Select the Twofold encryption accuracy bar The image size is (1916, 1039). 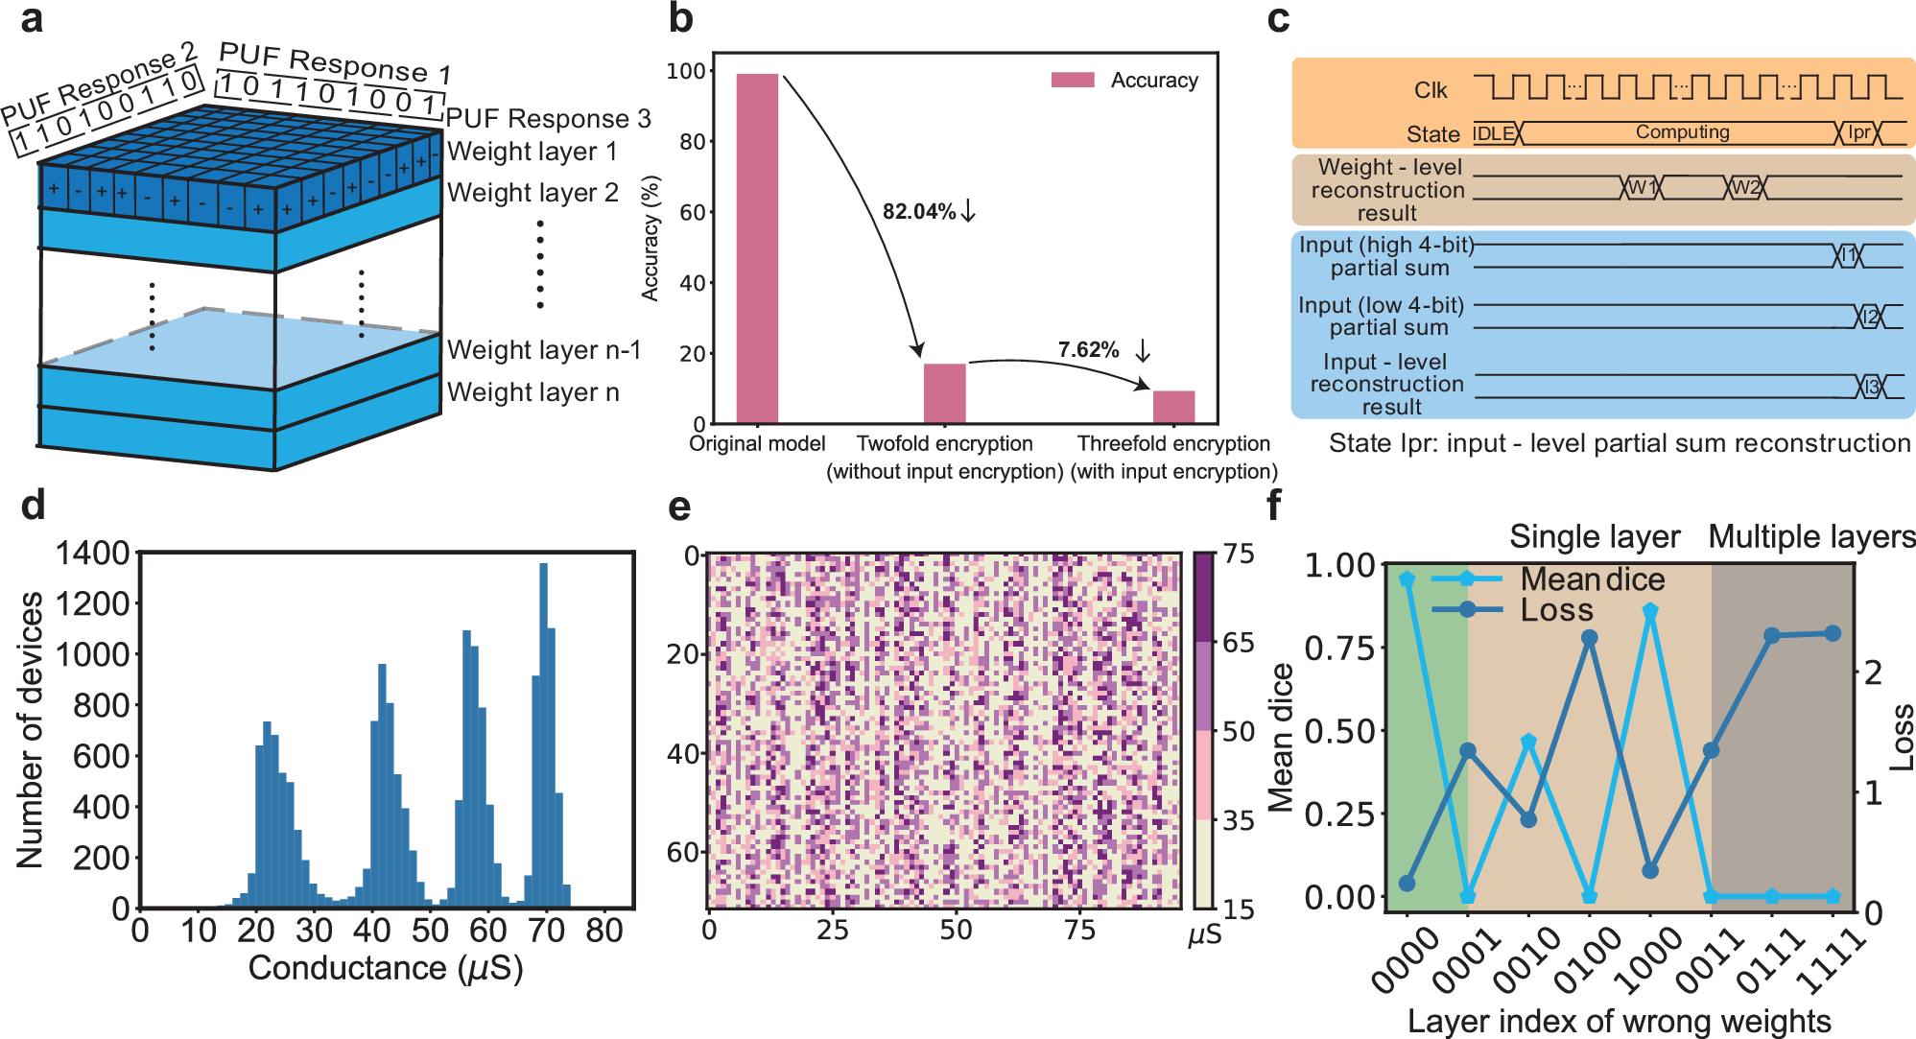(944, 393)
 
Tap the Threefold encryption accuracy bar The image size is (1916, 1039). (1173, 407)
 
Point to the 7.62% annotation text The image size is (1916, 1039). (1088, 350)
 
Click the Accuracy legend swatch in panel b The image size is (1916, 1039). (1073, 80)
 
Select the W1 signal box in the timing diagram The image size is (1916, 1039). (1642, 187)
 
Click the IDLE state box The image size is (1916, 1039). (1495, 133)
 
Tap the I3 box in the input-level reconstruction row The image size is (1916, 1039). (1871, 387)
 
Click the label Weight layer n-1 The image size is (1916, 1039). (544, 350)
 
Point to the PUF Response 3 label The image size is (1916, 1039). (548, 119)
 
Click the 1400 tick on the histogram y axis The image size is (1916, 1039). (92, 554)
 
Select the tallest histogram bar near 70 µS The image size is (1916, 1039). (544, 734)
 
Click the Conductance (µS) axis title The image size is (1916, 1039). (385, 968)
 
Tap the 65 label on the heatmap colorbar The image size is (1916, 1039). (1238, 643)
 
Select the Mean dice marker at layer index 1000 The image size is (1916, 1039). (1650, 611)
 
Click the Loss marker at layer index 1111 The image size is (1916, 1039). (1833, 633)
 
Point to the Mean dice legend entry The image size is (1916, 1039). (1592, 579)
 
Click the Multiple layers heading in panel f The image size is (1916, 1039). (1811, 537)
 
